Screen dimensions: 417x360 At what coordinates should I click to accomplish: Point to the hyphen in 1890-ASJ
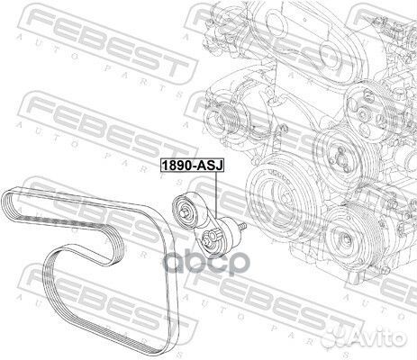[x=193, y=166]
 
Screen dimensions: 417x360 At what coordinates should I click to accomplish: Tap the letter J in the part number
[x=219, y=166]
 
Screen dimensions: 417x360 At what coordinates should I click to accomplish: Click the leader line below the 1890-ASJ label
[x=216, y=194]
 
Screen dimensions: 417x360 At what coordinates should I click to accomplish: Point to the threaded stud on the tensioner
[x=242, y=226]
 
